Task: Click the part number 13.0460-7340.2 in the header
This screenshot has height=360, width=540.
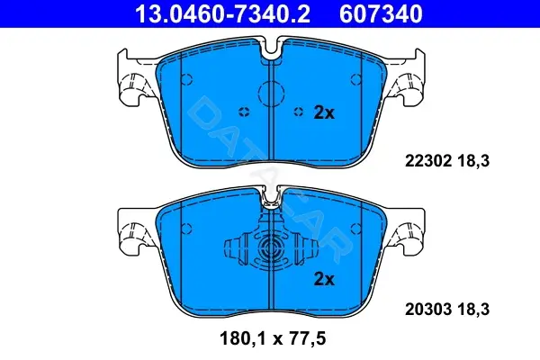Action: [222, 13]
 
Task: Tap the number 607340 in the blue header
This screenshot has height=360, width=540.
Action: [381, 13]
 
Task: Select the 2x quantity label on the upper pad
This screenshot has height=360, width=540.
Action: [324, 112]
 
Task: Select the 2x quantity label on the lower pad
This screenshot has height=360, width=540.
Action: [324, 279]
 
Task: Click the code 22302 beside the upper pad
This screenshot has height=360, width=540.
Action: [428, 161]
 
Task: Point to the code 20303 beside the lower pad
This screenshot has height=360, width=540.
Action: [428, 309]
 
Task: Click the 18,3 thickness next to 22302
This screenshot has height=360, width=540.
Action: [473, 161]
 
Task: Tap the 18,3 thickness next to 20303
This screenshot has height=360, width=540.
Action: [473, 309]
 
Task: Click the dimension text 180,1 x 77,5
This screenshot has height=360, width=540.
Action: [273, 338]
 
